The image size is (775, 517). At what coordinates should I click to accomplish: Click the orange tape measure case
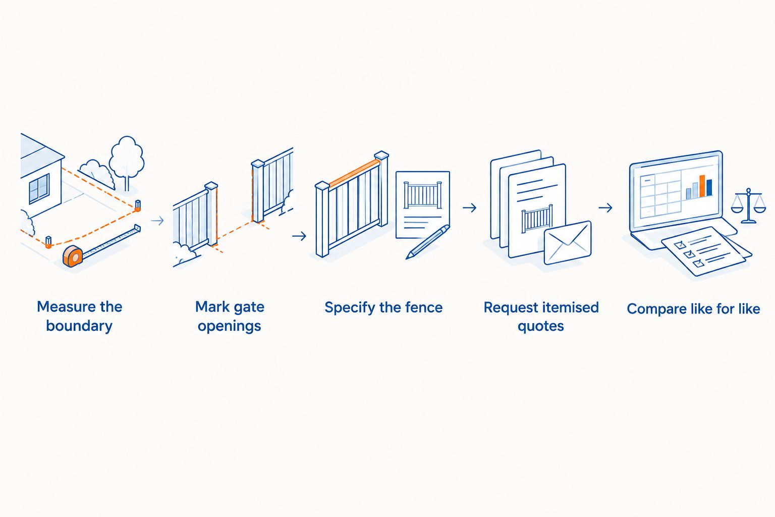point(73,256)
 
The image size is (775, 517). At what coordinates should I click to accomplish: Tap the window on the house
point(39,189)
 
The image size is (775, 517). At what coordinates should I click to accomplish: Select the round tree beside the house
point(127,163)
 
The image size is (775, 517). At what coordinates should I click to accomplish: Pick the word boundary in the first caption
point(79,326)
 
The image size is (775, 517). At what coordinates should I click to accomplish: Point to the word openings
point(230,327)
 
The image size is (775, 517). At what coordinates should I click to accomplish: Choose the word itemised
point(570,307)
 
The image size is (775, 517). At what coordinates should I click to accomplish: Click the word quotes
point(541,327)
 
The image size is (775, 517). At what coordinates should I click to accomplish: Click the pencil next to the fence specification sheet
point(428,242)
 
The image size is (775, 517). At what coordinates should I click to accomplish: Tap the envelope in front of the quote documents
point(568,243)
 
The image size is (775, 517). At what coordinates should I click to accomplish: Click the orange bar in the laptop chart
point(702,186)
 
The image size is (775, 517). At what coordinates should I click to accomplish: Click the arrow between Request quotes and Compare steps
point(605,208)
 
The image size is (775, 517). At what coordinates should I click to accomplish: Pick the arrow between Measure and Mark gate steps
point(157,221)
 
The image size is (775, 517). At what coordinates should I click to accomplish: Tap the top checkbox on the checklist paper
point(680,245)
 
